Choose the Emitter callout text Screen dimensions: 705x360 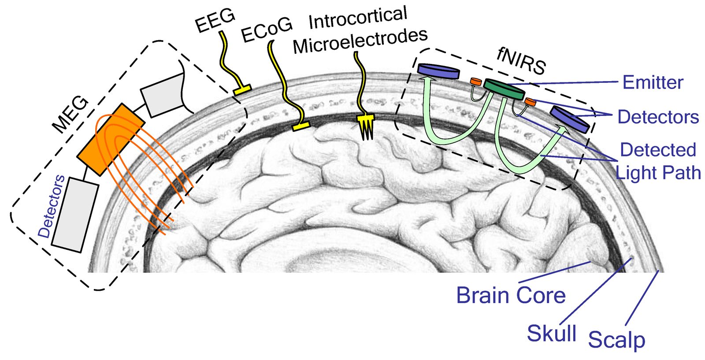pyautogui.click(x=653, y=82)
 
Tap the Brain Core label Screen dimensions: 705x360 pyautogui.click(x=511, y=295)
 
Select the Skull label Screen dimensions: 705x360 pyautogui.click(x=552, y=333)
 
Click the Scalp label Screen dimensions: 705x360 pyautogui.click(x=616, y=340)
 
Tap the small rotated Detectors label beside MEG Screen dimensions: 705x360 pyautogui.click(x=51, y=206)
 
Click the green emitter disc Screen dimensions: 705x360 pyautogui.click(x=504, y=89)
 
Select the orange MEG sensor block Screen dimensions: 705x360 pyautogui.click(x=111, y=139)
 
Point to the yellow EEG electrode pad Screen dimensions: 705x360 pyautogui.click(x=242, y=89)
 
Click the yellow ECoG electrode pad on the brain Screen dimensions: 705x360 pyautogui.click(x=301, y=126)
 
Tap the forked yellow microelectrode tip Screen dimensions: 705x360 pyautogui.click(x=366, y=127)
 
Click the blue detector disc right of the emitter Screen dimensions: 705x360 pyautogui.click(x=570, y=119)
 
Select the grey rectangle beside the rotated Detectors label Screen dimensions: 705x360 pyautogui.click(x=75, y=215)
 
